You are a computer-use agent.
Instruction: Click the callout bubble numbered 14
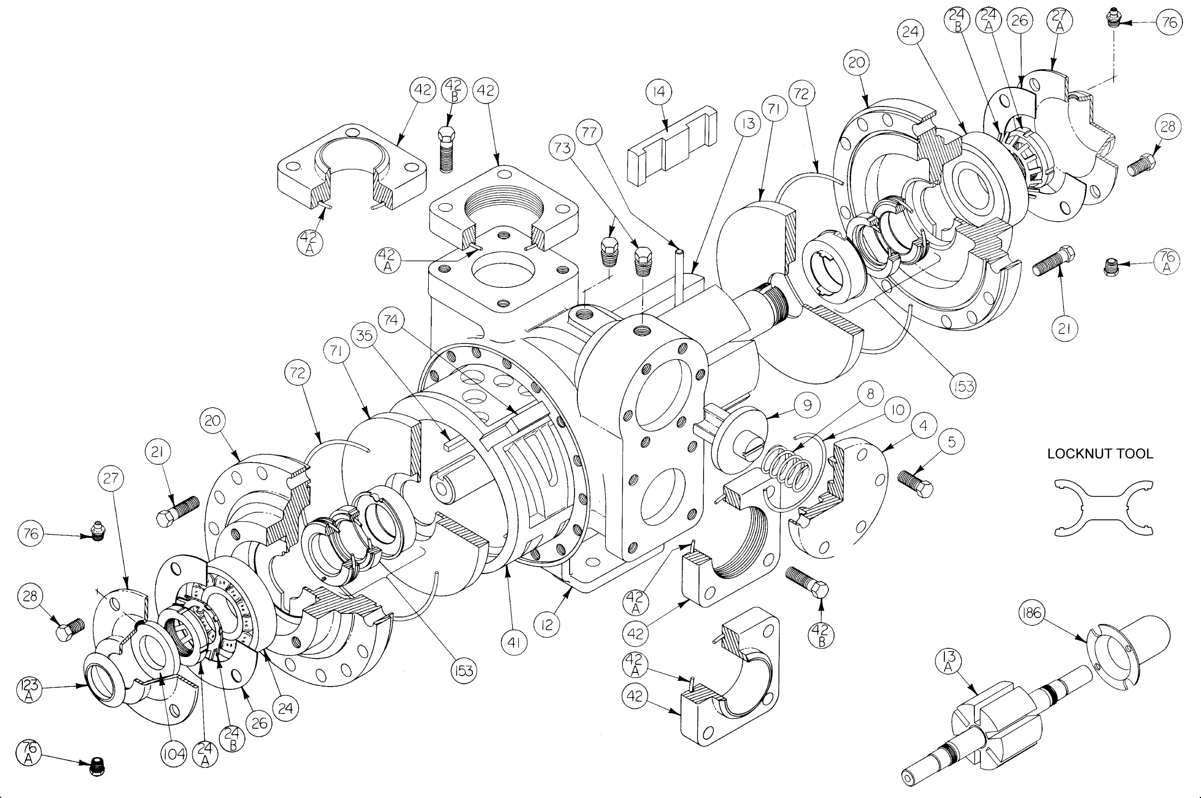pyautogui.click(x=659, y=92)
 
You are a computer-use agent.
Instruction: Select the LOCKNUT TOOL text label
pyautogui.click(x=1100, y=453)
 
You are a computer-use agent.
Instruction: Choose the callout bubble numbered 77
pyautogui.click(x=590, y=132)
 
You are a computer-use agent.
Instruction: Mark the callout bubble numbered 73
pyautogui.click(x=563, y=148)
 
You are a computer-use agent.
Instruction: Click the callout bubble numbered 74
pyautogui.click(x=391, y=320)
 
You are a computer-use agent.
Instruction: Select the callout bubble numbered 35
pyautogui.click(x=364, y=335)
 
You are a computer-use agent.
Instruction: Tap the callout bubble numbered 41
pyautogui.click(x=513, y=643)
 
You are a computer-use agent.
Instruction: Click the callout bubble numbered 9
pyautogui.click(x=807, y=405)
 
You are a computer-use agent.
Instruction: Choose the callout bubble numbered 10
pyautogui.click(x=898, y=410)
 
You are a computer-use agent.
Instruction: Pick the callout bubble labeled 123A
pyautogui.click(x=30, y=689)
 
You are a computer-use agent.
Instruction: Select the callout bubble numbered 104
pyautogui.click(x=173, y=755)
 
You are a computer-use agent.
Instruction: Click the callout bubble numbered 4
pyautogui.click(x=923, y=425)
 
